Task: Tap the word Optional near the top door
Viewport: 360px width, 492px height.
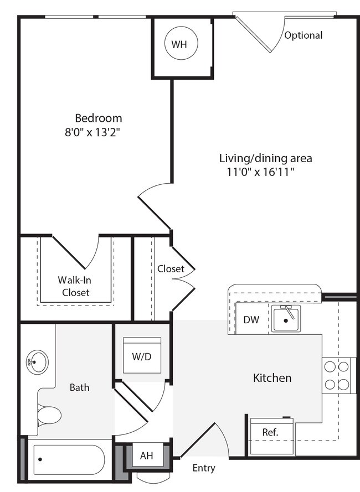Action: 303,35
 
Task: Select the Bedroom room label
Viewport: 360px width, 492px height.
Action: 99,118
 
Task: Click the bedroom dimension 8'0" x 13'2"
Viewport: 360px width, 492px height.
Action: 93,132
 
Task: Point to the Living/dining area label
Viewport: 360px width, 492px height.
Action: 265,158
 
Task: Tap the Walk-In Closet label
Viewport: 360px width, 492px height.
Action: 75,286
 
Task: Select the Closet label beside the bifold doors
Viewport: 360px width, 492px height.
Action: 171,269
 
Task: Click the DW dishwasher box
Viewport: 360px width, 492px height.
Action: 251,319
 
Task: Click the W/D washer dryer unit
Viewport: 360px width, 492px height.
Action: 142,356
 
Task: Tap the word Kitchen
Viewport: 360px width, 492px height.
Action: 272,378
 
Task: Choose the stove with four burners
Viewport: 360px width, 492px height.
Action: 337,375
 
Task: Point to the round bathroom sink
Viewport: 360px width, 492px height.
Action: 37,363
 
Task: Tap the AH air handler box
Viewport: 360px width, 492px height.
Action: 146,456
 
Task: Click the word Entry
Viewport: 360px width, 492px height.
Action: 203,468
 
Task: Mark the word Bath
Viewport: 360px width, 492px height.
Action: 79,387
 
